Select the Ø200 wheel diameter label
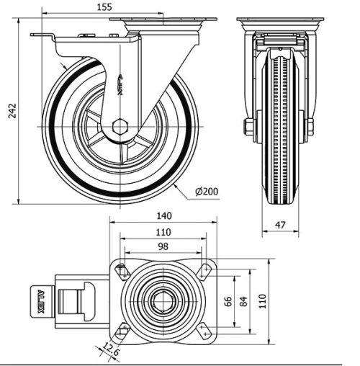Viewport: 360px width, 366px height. point(207,192)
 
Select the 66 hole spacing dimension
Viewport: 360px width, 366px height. point(228,302)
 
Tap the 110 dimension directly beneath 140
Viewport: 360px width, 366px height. point(163,232)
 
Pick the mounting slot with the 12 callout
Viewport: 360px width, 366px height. point(120,331)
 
